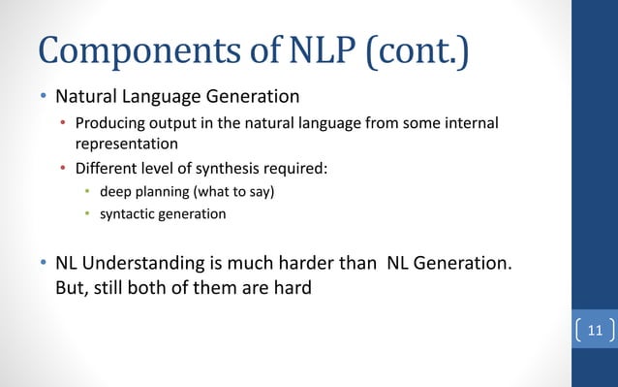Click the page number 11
pyautogui.click(x=594, y=332)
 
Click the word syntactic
pyautogui.click(x=129, y=213)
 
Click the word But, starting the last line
pyautogui.click(x=73, y=288)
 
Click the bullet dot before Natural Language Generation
pyautogui.click(x=42, y=97)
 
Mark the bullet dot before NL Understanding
pyautogui.click(x=42, y=265)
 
